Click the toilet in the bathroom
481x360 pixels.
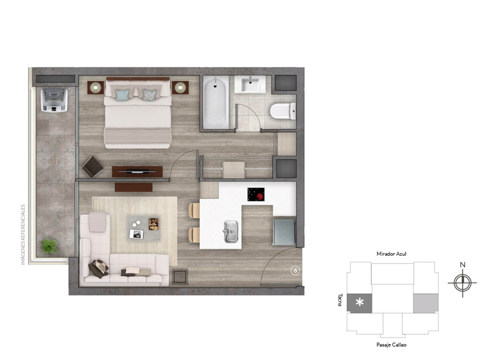pos(283,111)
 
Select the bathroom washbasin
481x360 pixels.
pos(250,84)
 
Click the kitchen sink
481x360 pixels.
pos(231,231)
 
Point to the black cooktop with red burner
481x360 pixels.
pos(256,194)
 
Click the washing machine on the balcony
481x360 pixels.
pos(54,100)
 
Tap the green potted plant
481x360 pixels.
pos(49,246)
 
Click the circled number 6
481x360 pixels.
pos(295,271)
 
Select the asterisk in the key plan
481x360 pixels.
pos(360,303)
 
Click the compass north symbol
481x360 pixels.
pos(462,283)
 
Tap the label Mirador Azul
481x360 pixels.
pos(391,254)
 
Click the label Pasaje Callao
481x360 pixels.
pos(391,345)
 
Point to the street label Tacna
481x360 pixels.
pos(340,300)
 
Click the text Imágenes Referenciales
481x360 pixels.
pos(23,235)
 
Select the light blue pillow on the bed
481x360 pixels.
pos(123,95)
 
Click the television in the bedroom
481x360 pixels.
pos(138,171)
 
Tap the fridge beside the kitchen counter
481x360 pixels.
pos(284,232)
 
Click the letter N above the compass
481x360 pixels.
pos(462,265)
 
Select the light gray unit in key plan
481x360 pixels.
pos(426,303)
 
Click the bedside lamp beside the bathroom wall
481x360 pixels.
pos(180,88)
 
